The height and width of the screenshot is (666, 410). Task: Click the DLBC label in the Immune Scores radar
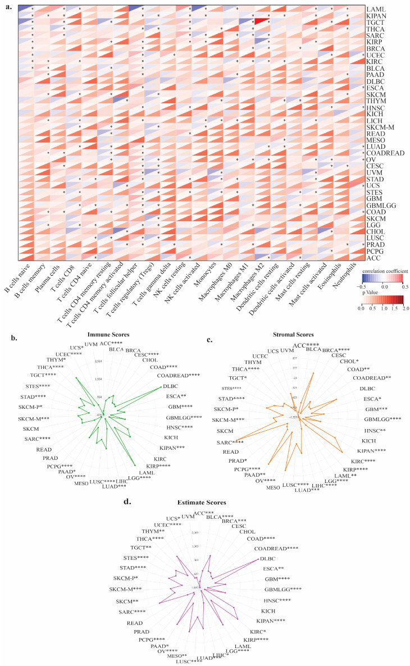coord(170,386)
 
